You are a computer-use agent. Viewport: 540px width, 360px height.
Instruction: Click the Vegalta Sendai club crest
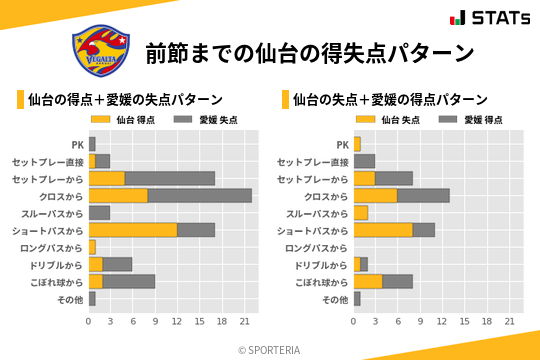[100, 50]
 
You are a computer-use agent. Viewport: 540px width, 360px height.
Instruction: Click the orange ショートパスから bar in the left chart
[133, 230]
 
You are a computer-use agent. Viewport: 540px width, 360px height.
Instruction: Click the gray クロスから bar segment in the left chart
[200, 195]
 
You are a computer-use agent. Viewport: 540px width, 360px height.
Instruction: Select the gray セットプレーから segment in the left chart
[170, 178]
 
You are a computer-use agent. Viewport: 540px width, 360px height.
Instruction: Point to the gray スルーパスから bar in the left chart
[99, 212]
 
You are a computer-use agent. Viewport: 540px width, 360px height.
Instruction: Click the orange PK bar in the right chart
[357, 144]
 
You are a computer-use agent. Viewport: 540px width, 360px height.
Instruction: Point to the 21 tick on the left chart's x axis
[244, 321]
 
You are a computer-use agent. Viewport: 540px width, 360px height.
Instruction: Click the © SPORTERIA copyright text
[269, 349]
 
